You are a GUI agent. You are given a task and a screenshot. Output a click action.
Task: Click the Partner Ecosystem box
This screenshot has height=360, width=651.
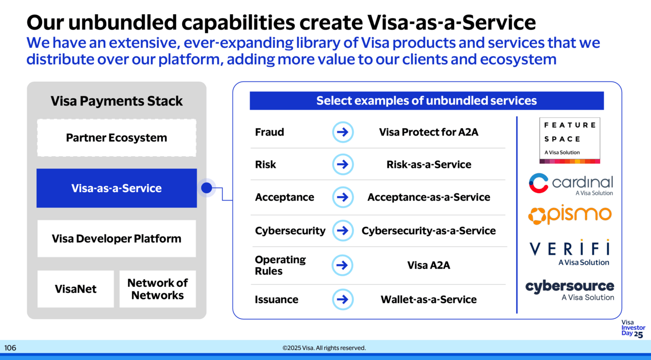(x=116, y=138)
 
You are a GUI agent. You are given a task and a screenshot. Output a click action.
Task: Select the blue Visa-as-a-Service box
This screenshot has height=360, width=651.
(x=116, y=188)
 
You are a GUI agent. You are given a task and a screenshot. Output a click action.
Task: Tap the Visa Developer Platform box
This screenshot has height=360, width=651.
(x=116, y=238)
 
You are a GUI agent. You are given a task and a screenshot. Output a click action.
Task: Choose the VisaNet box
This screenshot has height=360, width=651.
(x=76, y=289)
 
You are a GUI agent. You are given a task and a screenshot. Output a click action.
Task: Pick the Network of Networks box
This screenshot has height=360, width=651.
(x=157, y=289)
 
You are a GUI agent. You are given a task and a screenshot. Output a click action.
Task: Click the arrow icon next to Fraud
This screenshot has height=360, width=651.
(x=343, y=132)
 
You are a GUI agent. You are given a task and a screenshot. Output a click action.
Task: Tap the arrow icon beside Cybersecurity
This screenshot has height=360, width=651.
(x=343, y=230)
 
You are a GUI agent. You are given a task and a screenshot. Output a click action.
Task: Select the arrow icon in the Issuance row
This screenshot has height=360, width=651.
(x=343, y=299)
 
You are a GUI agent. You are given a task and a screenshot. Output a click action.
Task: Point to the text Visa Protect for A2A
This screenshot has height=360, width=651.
(x=428, y=132)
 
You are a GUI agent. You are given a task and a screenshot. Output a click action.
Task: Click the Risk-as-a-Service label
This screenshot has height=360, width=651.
(x=428, y=164)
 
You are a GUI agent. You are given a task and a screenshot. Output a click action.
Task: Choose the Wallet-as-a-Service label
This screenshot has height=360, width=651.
(x=428, y=299)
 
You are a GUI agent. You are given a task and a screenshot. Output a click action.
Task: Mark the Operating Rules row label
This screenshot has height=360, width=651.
(x=280, y=265)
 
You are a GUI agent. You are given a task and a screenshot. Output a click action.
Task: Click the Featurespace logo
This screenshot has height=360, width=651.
(x=569, y=140)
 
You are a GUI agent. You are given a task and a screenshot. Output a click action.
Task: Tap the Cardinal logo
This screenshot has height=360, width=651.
(x=570, y=184)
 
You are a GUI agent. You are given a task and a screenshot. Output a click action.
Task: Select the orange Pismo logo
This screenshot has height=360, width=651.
(x=569, y=215)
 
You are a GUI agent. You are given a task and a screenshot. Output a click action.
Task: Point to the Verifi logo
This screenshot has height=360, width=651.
(x=569, y=252)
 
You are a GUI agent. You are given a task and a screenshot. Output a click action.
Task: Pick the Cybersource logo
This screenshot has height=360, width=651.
(x=569, y=290)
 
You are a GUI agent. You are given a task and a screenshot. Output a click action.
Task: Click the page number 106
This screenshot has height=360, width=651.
(x=10, y=348)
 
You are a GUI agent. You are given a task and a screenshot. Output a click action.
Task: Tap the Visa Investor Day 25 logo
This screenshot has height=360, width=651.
(x=633, y=329)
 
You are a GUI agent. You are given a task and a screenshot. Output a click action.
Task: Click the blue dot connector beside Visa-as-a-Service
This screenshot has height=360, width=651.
(x=206, y=188)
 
